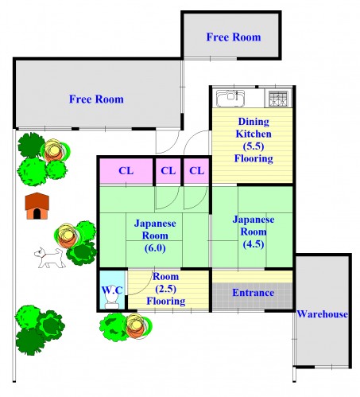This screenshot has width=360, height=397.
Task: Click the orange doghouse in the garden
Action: coord(37,206)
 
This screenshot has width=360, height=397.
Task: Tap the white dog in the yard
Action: coord(50,258)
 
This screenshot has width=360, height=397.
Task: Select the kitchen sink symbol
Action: coord(230,98)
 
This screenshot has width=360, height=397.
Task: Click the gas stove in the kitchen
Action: coord(278,98)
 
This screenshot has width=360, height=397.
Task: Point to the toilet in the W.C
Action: coord(112,301)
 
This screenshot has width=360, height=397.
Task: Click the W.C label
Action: coord(112,290)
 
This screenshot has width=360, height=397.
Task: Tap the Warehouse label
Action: coord(322,314)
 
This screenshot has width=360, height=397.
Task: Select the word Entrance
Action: coord(253,293)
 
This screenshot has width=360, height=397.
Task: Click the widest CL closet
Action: coord(126,171)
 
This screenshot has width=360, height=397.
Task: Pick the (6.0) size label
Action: coord(155,248)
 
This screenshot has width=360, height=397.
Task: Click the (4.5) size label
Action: coord(254,244)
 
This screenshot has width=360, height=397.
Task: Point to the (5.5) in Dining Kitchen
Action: coord(254,146)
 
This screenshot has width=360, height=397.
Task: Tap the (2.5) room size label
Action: coord(166,289)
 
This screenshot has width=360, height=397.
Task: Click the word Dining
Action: coord(254,122)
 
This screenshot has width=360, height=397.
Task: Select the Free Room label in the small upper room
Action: coord(234,37)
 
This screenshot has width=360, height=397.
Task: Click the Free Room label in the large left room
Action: coord(96,99)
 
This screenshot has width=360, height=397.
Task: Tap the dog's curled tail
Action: coord(58,251)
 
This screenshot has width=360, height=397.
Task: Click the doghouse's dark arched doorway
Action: coord(37,214)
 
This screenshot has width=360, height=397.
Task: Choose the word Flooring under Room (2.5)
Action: coord(166,301)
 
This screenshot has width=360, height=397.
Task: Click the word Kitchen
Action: coord(254,134)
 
